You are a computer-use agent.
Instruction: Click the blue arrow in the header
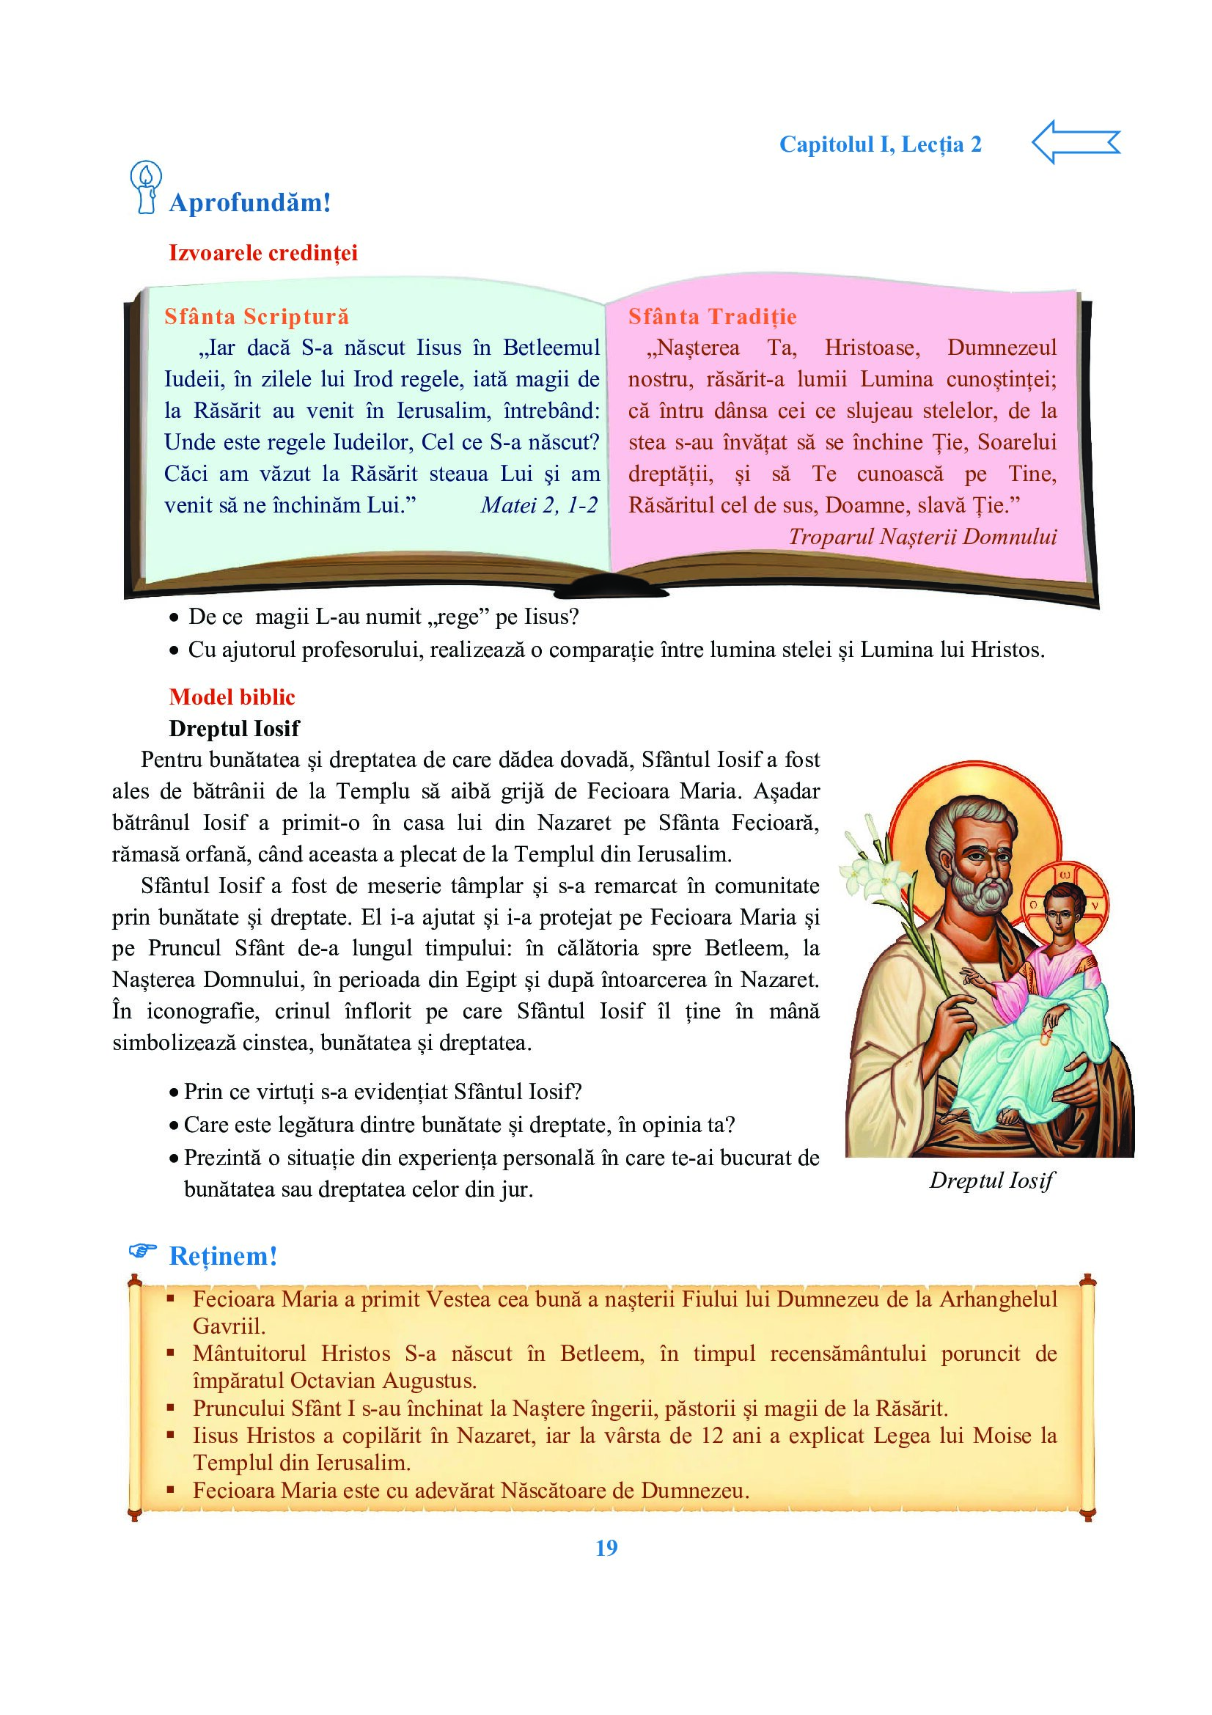(x=1075, y=142)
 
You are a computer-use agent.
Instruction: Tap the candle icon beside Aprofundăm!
(x=146, y=188)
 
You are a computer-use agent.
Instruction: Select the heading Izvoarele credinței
(x=263, y=253)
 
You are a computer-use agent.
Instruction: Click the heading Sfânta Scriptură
(x=256, y=317)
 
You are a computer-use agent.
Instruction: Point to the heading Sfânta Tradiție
(x=712, y=317)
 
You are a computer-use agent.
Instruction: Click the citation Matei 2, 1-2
(x=538, y=506)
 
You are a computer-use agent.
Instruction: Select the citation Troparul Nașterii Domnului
(x=922, y=537)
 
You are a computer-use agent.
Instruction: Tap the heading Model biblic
(x=232, y=697)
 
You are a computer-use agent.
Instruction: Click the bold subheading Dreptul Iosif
(x=234, y=728)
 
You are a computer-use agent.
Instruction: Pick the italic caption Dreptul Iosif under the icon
(x=991, y=1180)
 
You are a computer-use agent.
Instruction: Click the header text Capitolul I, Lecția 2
(x=880, y=144)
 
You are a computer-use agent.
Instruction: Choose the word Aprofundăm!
(x=249, y=203)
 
